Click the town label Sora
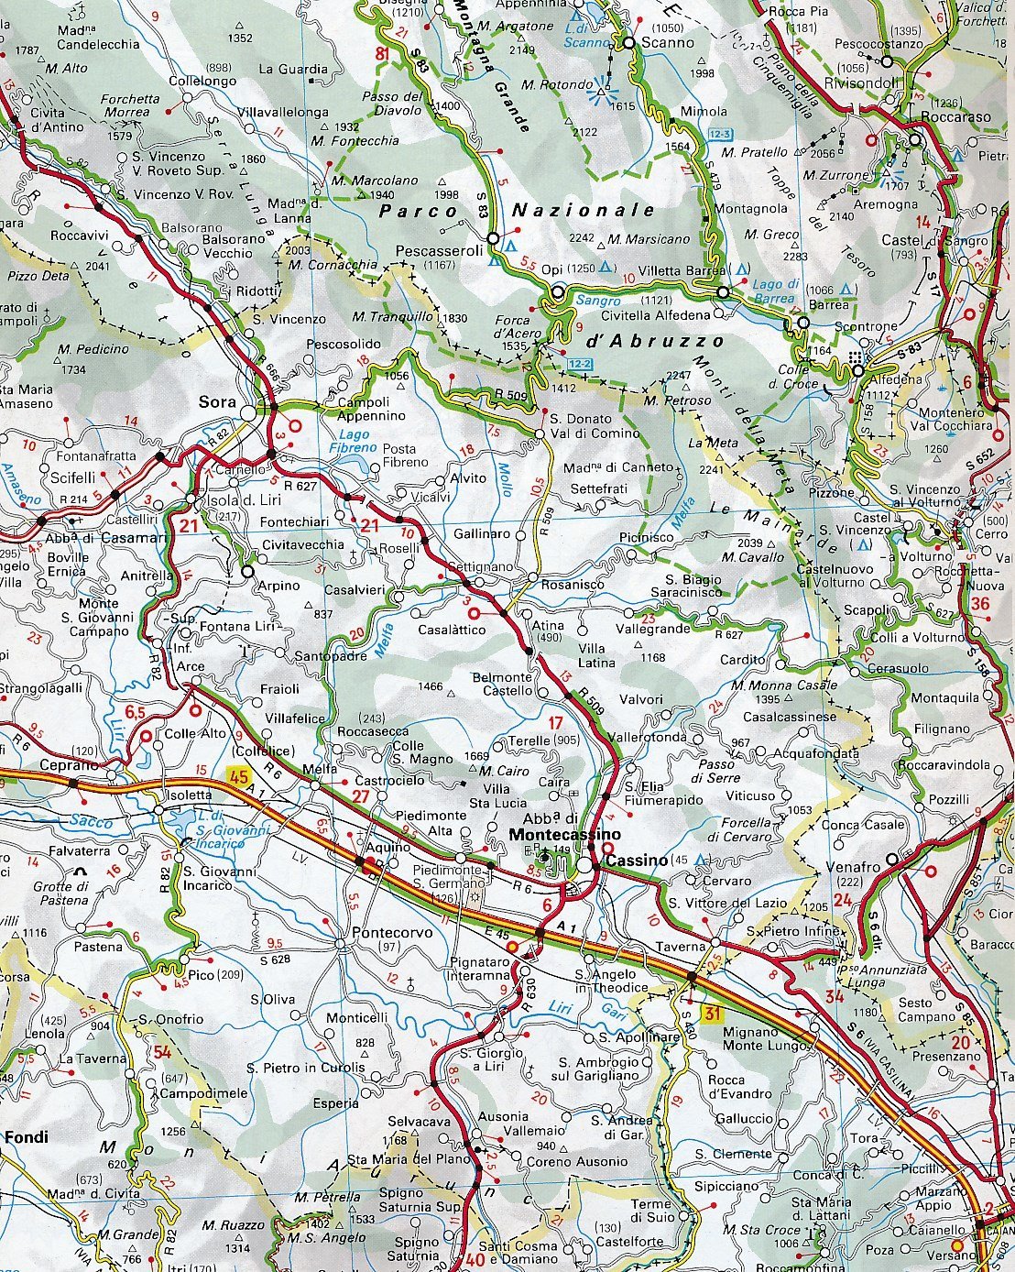[x=217, y=401]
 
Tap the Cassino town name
[x=637, y=860]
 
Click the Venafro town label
[x=853, y=866]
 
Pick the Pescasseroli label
[x=439, y=250]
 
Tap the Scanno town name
[x=668, y=41]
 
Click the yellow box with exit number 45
[x=239, y=776]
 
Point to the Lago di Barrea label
[x=774, y=291]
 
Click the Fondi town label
[x=26, y=1137]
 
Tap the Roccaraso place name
[x=956, y=117]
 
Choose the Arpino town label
[x=278, y=586]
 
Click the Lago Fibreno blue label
[x=355, y=441]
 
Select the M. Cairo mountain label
[x=504, y=771]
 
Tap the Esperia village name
[x=335, y=1102]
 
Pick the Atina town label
[x=548, y=626]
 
